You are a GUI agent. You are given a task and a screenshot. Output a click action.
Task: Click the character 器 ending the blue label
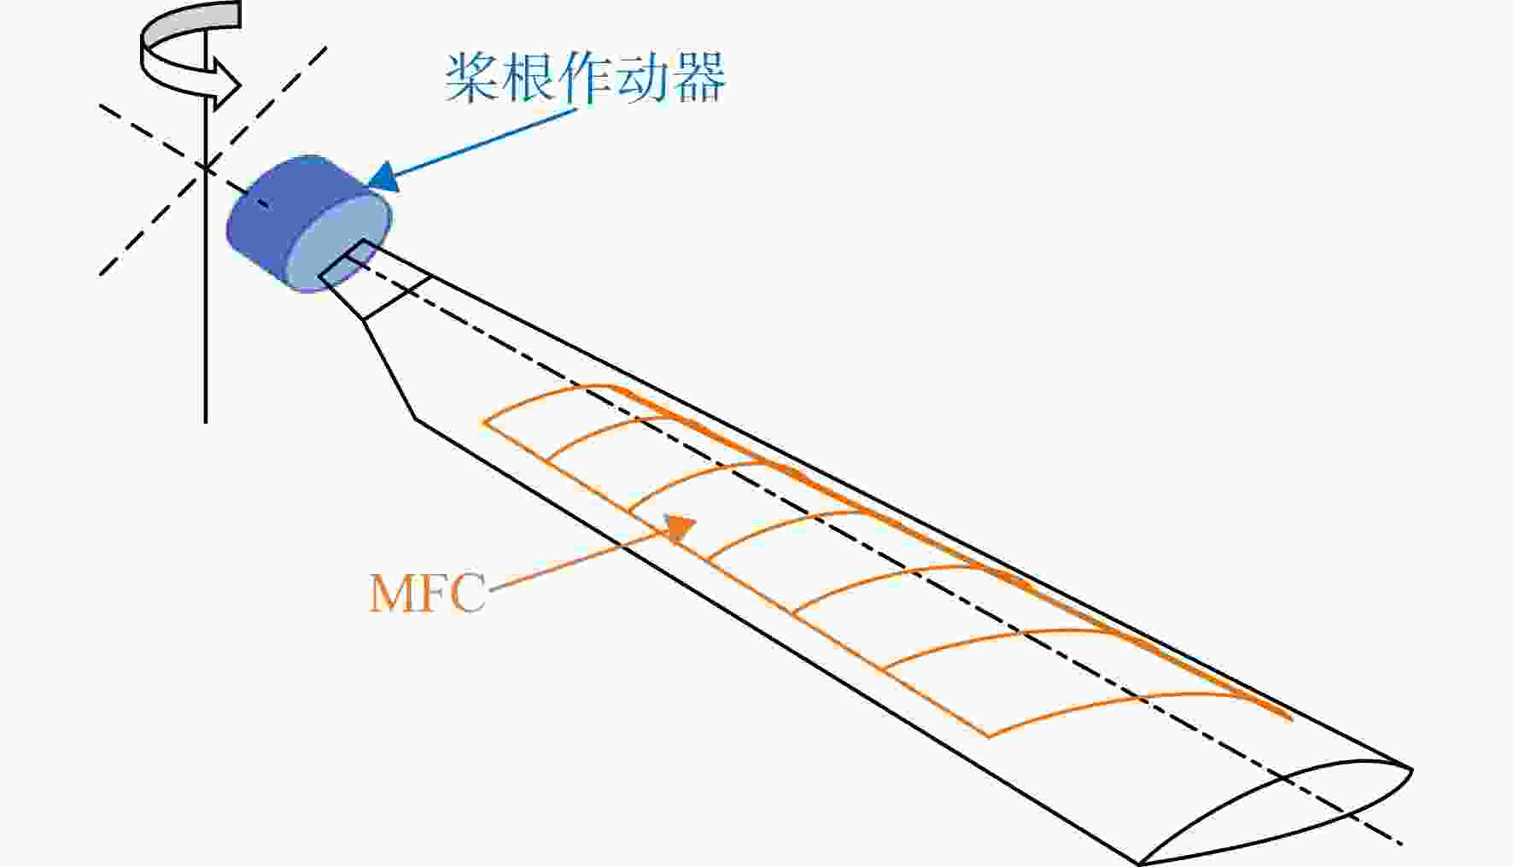699,78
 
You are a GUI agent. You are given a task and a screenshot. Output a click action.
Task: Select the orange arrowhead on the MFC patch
681,528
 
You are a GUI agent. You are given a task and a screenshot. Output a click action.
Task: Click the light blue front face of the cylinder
337,243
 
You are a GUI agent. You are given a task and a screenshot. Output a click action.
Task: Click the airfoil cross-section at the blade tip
1277,811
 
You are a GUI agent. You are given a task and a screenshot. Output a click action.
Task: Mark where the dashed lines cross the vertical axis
206,167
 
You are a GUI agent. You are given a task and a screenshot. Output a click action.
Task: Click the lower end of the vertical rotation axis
206,422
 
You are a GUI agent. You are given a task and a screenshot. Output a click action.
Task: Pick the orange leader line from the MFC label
584,559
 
